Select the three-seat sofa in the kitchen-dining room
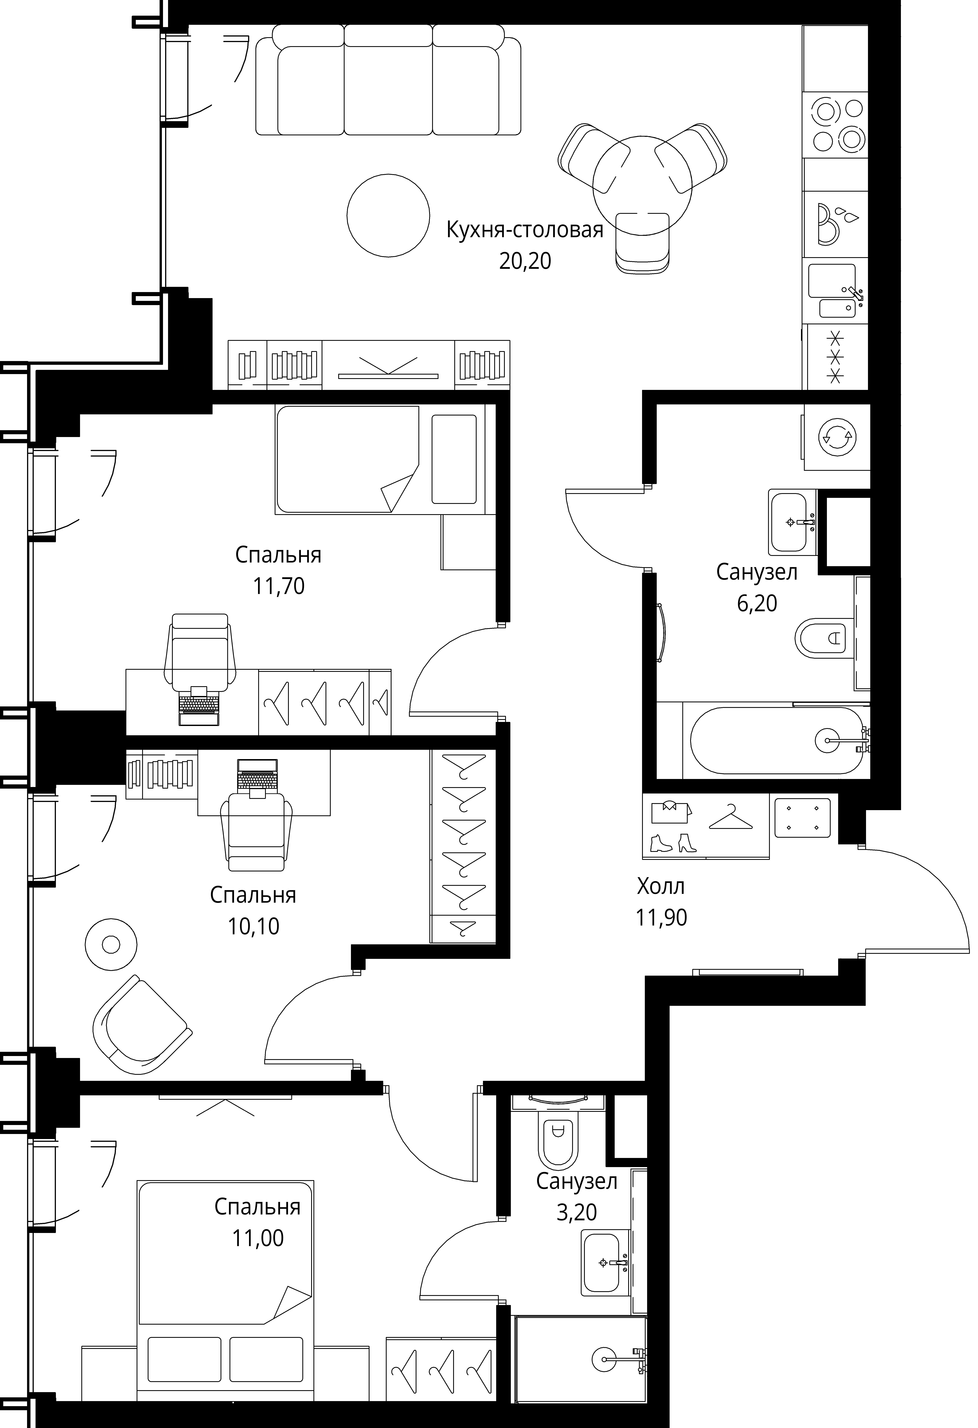[388, 80]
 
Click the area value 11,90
[661, 917]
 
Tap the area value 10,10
[253, 926]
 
